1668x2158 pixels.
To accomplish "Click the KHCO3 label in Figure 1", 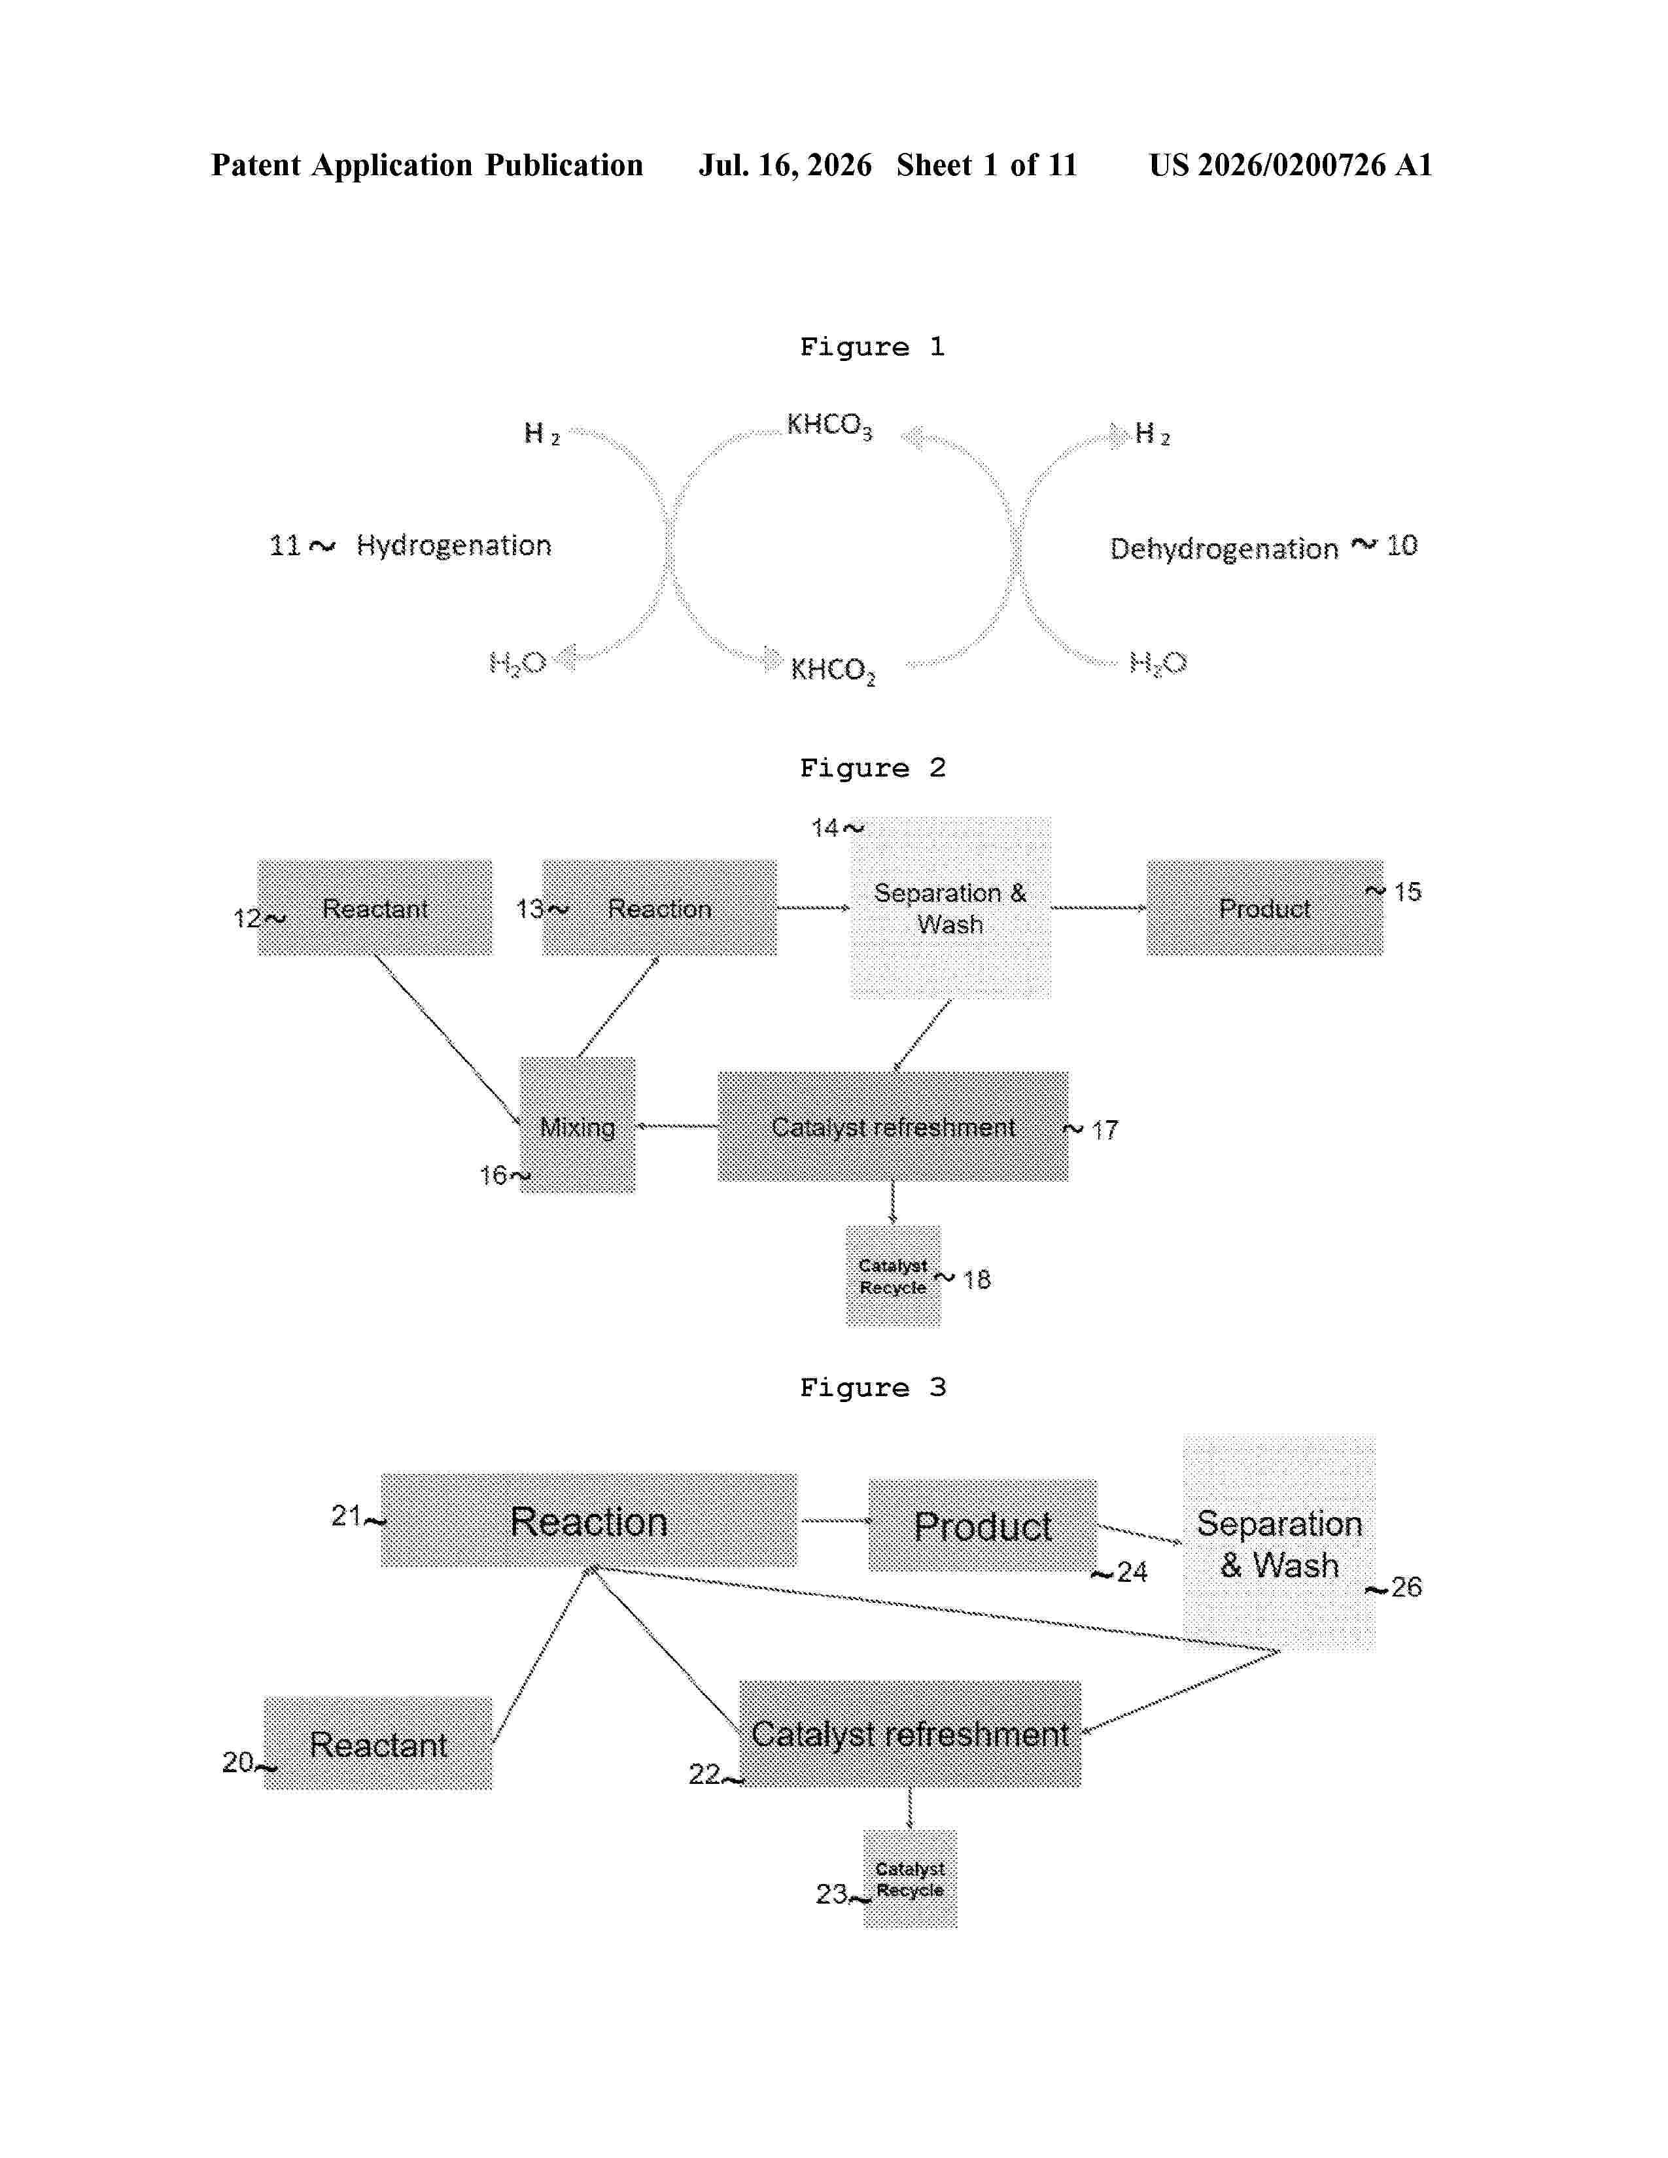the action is point(829,426).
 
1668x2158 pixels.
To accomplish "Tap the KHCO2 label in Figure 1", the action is point(832,671).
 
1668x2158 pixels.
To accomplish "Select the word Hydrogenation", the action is point(453,545).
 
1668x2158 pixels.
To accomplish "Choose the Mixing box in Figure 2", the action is point(578,1125).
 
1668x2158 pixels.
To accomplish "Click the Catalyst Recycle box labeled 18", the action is point(894,1276).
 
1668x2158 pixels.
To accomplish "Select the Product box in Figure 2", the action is point(1265,907).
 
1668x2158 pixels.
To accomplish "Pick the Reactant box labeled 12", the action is point(375,907).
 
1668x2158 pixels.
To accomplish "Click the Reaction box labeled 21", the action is point(589,1520).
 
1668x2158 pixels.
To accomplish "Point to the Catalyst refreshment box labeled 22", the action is point(910,1734).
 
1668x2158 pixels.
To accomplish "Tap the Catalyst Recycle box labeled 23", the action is point(910,1878).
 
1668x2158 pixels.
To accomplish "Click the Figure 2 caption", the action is point(873,768).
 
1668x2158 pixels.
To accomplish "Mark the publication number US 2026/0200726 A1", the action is point(1291,165).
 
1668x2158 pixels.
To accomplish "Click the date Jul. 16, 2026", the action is point(786,165).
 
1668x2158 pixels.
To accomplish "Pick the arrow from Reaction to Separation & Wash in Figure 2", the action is point(813,907).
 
